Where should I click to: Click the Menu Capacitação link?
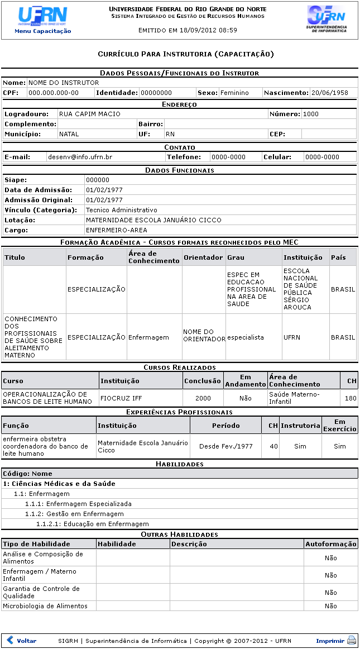(42, 31)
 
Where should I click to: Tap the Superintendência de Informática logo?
(327, 19)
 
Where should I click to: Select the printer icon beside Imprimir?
(352, 641)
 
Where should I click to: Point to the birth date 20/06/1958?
(329, 93)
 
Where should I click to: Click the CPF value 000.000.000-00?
(54, 93)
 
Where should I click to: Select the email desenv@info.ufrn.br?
(80, 158)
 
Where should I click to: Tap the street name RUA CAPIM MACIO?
(89, 114)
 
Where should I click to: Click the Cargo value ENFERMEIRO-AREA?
(116, 230)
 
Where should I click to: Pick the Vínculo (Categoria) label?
(41, 210)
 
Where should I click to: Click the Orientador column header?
(203, 257)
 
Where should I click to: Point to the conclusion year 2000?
(203, 398)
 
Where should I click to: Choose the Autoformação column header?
(331, 544)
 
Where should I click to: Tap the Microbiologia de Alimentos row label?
(45, 606)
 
